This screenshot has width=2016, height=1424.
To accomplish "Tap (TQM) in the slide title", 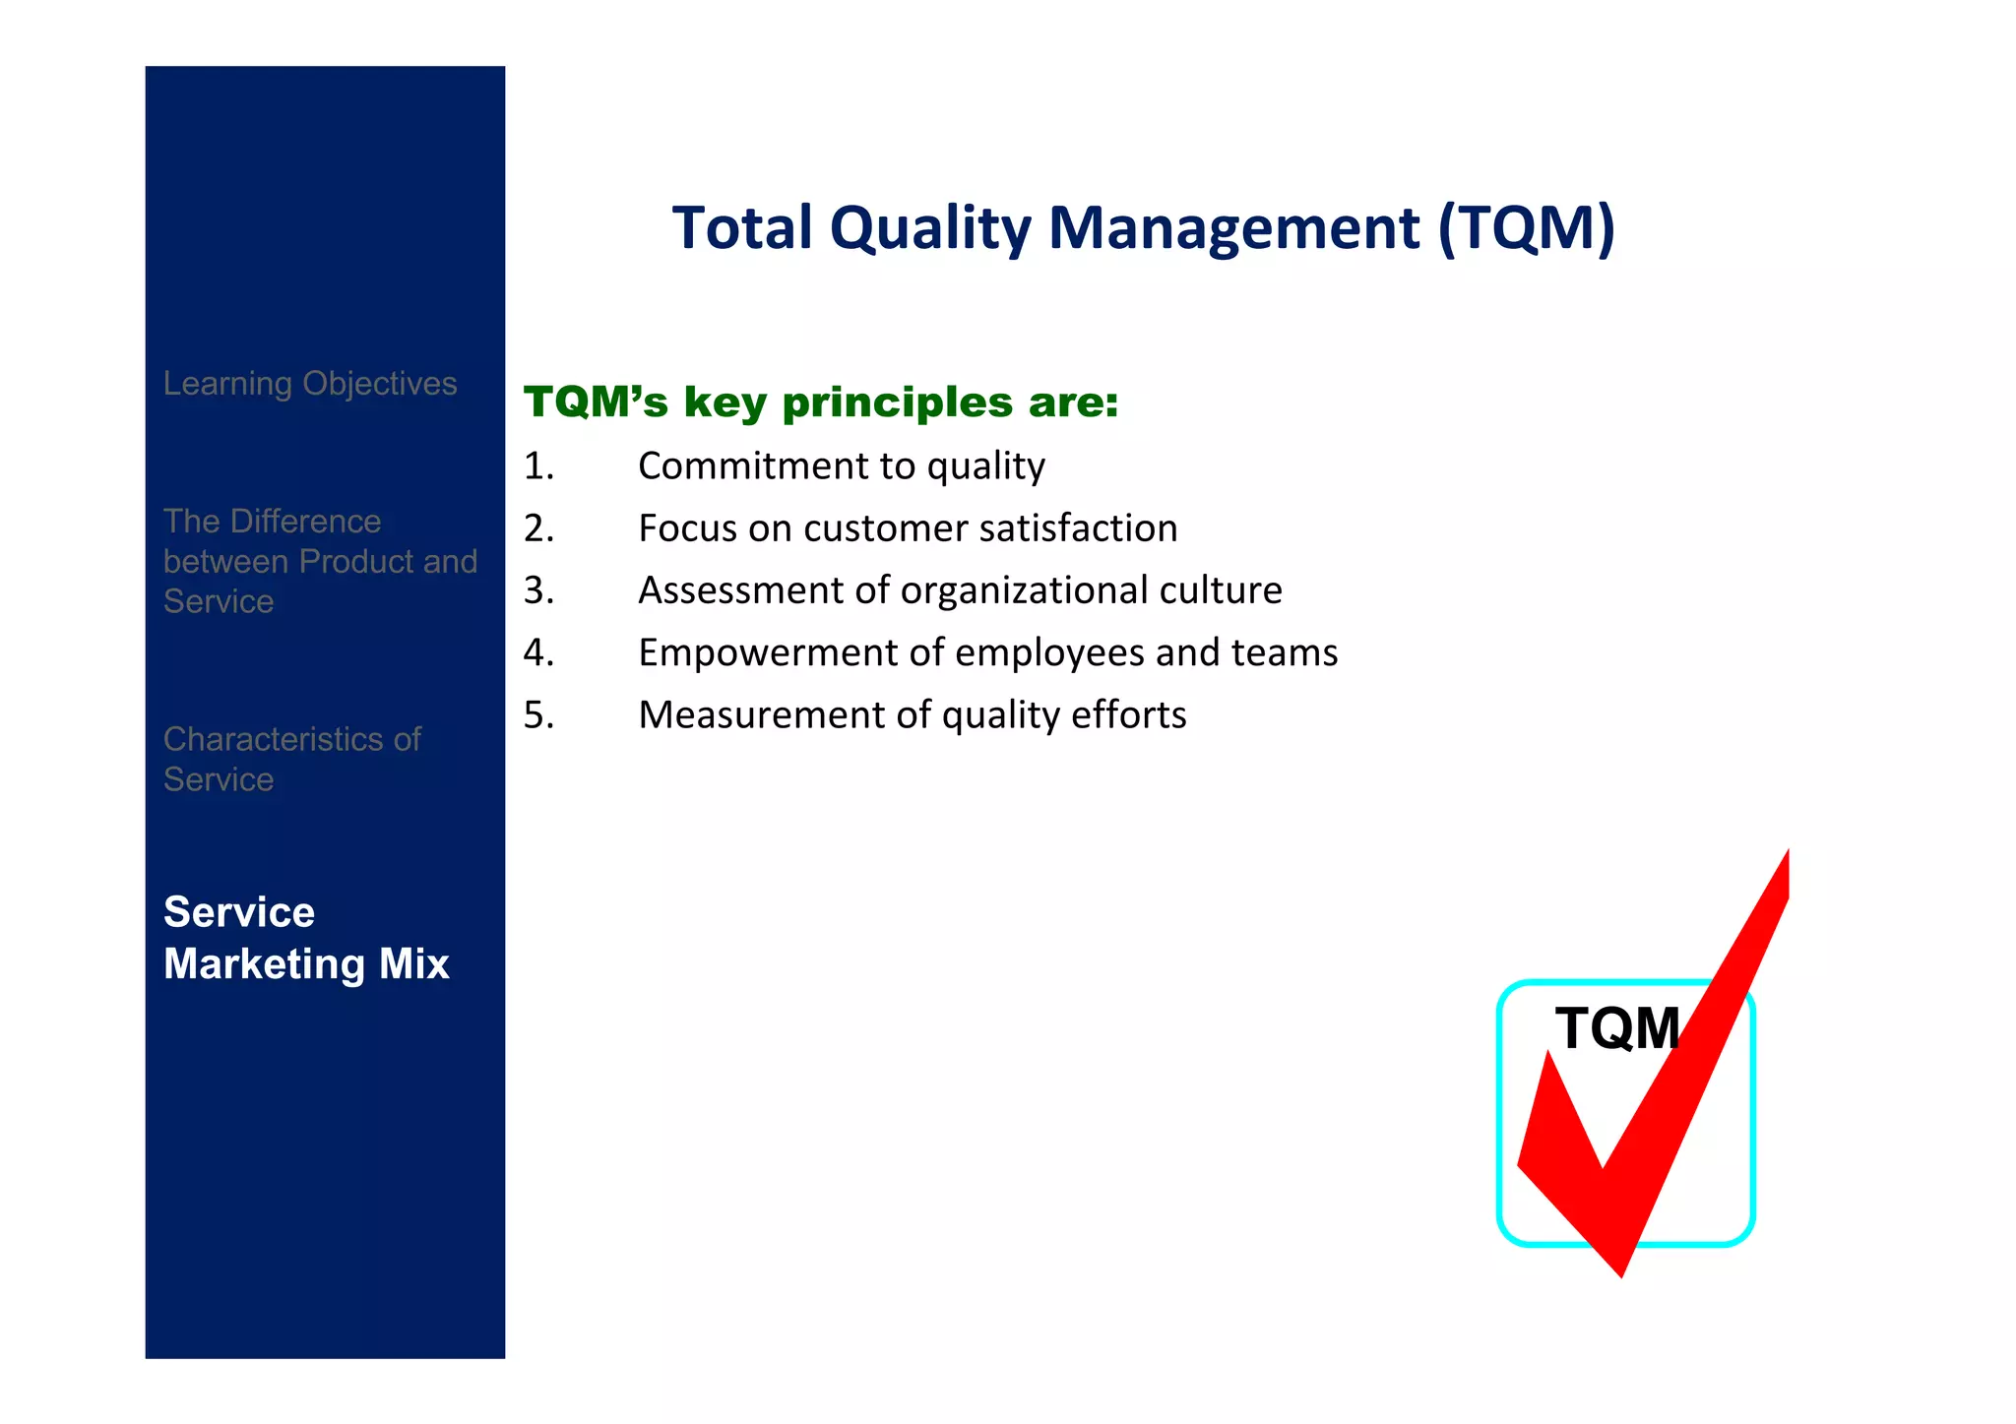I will tap(1526, 228).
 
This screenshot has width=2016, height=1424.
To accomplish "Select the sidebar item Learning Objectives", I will tap(310, 383).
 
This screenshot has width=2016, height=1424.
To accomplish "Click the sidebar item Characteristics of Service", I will tap(291, 759).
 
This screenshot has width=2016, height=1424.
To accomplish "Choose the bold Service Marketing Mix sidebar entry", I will tap(306, 938).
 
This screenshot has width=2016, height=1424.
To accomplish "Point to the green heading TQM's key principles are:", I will tap(821, 402).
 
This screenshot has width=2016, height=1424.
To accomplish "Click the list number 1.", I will tap(538, 465).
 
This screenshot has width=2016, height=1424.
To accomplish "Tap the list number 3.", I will tap(538, 590).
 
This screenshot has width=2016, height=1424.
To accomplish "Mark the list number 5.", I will tap(538, 714).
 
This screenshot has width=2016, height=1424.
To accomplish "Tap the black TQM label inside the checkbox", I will tap(1616, 1028).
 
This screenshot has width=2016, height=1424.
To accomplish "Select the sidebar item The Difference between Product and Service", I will tap(320, 561).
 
